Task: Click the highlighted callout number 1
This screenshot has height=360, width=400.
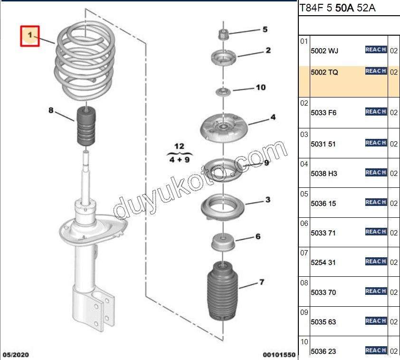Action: [x=29, y=36]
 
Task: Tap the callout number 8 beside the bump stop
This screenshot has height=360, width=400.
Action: [x=51, y=110]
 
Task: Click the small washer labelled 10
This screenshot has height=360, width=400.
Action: [x=221, y=91]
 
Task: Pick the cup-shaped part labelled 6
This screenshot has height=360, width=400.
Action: [x=222, y=243]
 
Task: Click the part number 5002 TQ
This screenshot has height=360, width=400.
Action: [x=324, y=73]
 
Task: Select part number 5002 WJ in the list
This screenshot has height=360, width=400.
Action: [x=324, y=50]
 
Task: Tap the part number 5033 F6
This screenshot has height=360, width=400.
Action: [x=324, y=113]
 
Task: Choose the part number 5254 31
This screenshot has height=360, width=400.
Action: [x=324, y=263]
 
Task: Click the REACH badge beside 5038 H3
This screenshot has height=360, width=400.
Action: [x=375, y=173]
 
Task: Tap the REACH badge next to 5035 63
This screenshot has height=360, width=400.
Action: [x=375, y=321]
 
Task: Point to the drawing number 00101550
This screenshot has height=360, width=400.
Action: [x=279, y=355]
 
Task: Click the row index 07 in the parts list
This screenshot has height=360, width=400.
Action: [x=304, y=253]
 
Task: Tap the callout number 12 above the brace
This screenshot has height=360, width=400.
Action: [x=179, y=146]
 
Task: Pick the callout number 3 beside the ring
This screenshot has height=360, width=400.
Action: [x=268, y=199]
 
